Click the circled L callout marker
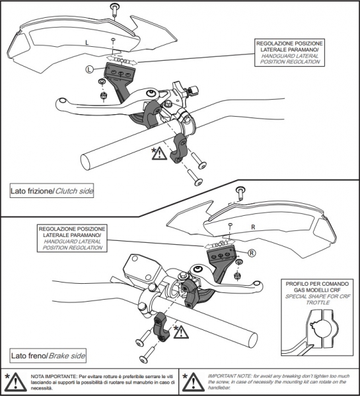pyautogui.click(x=89, y=69)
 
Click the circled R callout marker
pyautogui.click(x=252, y=253)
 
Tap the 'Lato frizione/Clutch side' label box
pyautogui.click(x=52, y=191)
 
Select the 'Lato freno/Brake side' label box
pyautogui.click(x=48, y=356)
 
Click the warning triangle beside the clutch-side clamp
pyautogui.click(x=159, y=153)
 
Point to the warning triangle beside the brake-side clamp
pyautogui.click(x=181, y=332)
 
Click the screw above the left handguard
pyautogui.click(x=116, y=9)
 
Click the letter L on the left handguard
pyautogui.click(x=87, y=43)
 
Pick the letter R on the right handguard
pyautogui.click(x=253, y=227)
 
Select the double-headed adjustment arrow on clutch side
pyautogui.click(x=122, y=61)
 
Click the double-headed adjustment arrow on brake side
pyautogui.click(x=219, y=244)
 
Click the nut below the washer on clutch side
pyautogui.click(x=103, y=96)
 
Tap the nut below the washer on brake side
pyautogui.click(x=237, y=277)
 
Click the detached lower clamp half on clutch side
pyautogui.click(x=179, y=149)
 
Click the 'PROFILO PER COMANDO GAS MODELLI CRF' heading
pyautogui.click(x=317, y=287)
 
